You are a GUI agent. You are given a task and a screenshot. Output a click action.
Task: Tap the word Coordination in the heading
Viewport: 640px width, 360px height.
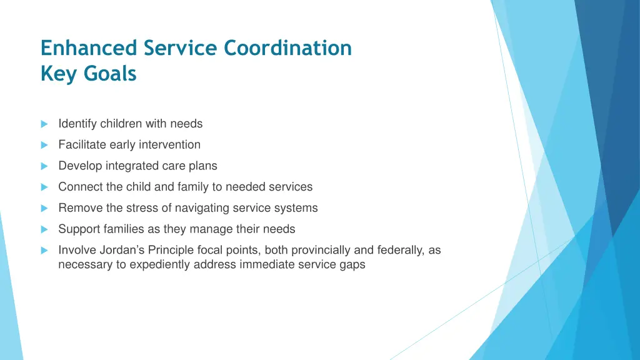[x=287, y=48]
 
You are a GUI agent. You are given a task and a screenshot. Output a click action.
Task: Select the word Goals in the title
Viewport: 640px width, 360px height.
[x=110, y=74]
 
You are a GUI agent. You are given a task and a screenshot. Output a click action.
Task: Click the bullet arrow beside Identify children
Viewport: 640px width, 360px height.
[x=44, y=124]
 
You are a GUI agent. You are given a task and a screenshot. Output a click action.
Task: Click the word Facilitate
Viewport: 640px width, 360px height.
[x=82, y=145]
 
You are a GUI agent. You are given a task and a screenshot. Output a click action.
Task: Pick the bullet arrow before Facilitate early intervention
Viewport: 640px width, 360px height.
[x=44, y=146]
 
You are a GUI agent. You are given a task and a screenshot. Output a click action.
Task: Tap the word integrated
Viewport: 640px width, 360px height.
[x=124, y=166]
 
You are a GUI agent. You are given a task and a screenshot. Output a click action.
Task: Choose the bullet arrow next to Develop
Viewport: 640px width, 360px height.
[x=44, y=166]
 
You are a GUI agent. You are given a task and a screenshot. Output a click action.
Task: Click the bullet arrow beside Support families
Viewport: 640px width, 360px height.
[x=44, y=229]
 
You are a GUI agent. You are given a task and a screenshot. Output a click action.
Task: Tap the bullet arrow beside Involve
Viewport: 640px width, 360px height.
[x=44, y=251]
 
